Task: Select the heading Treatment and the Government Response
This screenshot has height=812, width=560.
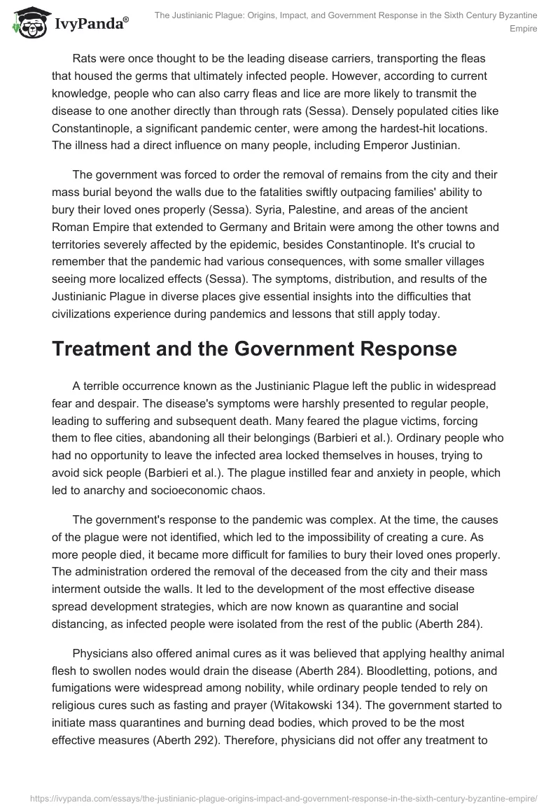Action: [x=254, y=349]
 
